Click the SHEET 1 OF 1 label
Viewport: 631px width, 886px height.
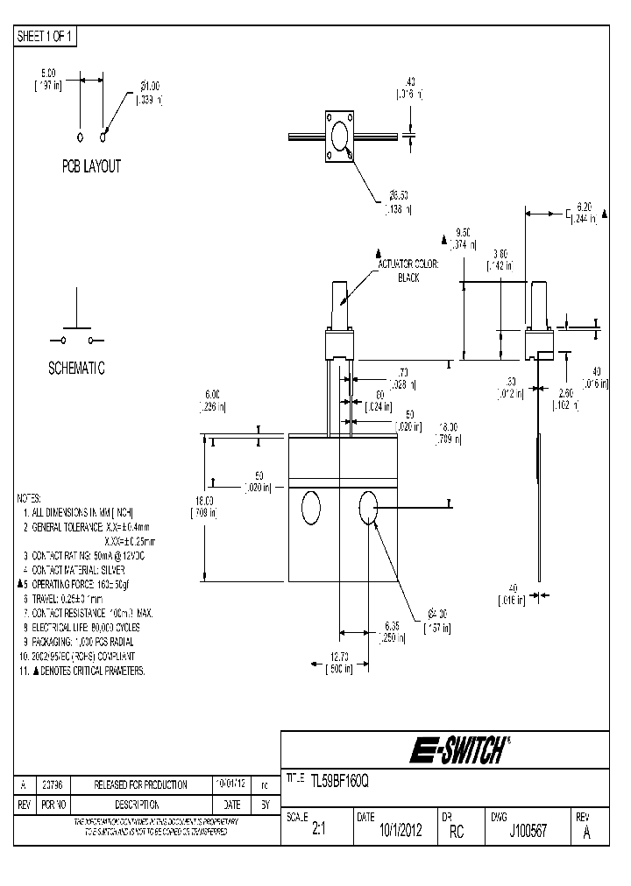[46, 36]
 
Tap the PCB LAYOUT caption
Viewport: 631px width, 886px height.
[91, 166]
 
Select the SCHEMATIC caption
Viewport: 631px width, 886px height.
[76, 369]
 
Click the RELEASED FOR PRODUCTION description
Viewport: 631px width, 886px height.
[140, 785]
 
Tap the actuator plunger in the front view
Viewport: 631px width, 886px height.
[339, 303]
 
